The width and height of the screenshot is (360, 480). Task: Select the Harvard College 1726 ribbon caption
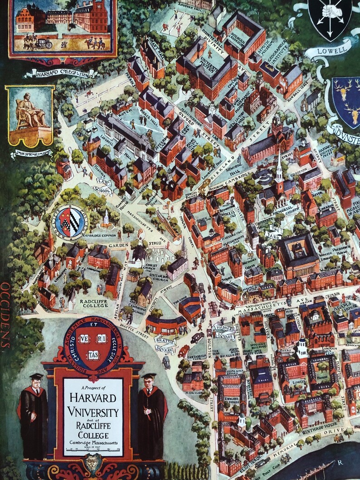pos(61,73)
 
